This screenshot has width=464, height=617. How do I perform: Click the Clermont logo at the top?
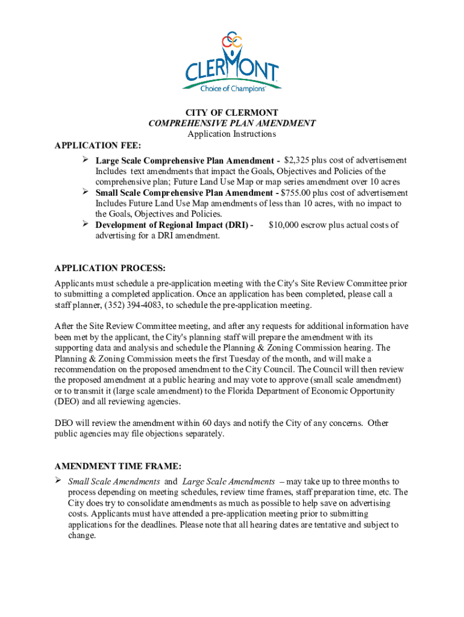click(x=231, y=60)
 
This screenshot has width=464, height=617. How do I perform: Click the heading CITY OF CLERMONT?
click(x=231, y=113)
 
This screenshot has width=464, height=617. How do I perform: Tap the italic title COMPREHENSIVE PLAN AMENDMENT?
click(x=231, y=124)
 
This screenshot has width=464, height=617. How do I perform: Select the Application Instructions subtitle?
click(x=231, y=134)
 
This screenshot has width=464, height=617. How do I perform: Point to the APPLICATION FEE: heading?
click(x=98, y=145)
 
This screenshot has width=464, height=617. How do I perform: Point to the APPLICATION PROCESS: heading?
click(x=110, y=268)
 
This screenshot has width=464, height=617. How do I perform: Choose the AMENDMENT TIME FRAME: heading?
click(x=118, y=466)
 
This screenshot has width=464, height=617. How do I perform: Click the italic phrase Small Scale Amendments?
click(x=114, y=481)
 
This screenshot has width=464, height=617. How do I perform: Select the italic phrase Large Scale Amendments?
click(x=228, y=481)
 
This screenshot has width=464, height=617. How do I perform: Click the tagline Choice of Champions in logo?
click(x=232, y=88)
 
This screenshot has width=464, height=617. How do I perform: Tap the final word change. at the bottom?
click(x=82, y=536)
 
